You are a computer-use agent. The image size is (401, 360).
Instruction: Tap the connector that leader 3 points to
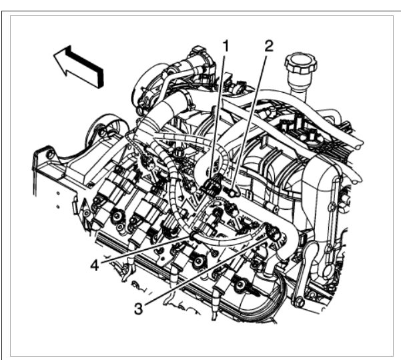[x=273, y=232]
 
